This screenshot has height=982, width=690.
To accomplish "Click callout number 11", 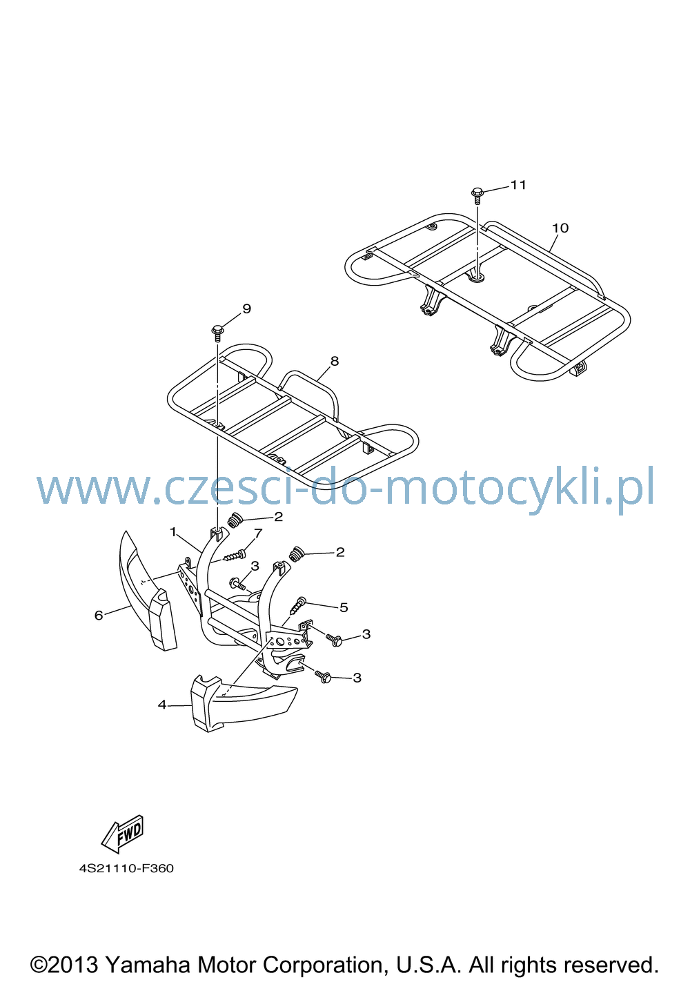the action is point(518,185).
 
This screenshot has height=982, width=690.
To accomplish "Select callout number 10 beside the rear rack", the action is point(560,228).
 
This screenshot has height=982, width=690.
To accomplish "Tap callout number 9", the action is point(247,308).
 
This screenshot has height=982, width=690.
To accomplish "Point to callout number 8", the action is point(335,361).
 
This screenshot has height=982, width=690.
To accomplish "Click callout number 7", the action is point(258,533).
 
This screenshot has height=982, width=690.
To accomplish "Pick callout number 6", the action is point(99,616).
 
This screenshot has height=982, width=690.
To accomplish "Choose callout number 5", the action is point(344,607).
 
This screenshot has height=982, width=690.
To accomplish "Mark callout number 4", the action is point(162,705).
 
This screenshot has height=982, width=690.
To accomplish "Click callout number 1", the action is point(173,532).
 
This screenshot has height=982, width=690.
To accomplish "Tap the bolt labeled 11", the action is point(477,195).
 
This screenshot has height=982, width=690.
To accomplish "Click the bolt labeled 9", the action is point(217,333).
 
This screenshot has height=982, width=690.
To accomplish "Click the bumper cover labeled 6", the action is point(145,592).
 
